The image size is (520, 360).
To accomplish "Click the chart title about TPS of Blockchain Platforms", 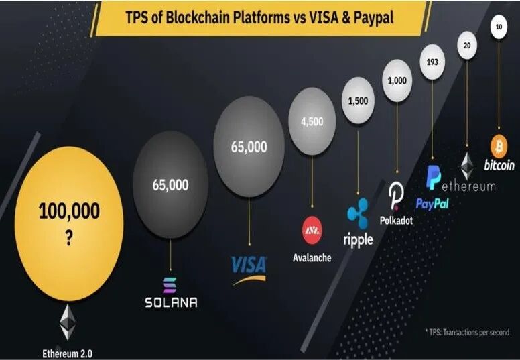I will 259,18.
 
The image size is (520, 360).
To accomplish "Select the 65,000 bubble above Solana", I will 170,184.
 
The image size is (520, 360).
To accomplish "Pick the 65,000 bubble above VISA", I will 249,146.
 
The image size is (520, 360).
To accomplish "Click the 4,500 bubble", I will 312,121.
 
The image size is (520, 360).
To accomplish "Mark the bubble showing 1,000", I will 397,81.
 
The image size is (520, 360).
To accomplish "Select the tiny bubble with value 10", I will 498,27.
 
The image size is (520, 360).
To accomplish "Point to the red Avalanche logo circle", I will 312,230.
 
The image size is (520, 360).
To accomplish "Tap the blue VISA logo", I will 249,265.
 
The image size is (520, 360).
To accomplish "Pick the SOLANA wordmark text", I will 171,302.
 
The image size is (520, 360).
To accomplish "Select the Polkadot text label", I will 396,220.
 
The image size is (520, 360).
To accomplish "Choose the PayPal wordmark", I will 432,203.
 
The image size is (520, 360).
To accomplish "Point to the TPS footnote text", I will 466,332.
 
